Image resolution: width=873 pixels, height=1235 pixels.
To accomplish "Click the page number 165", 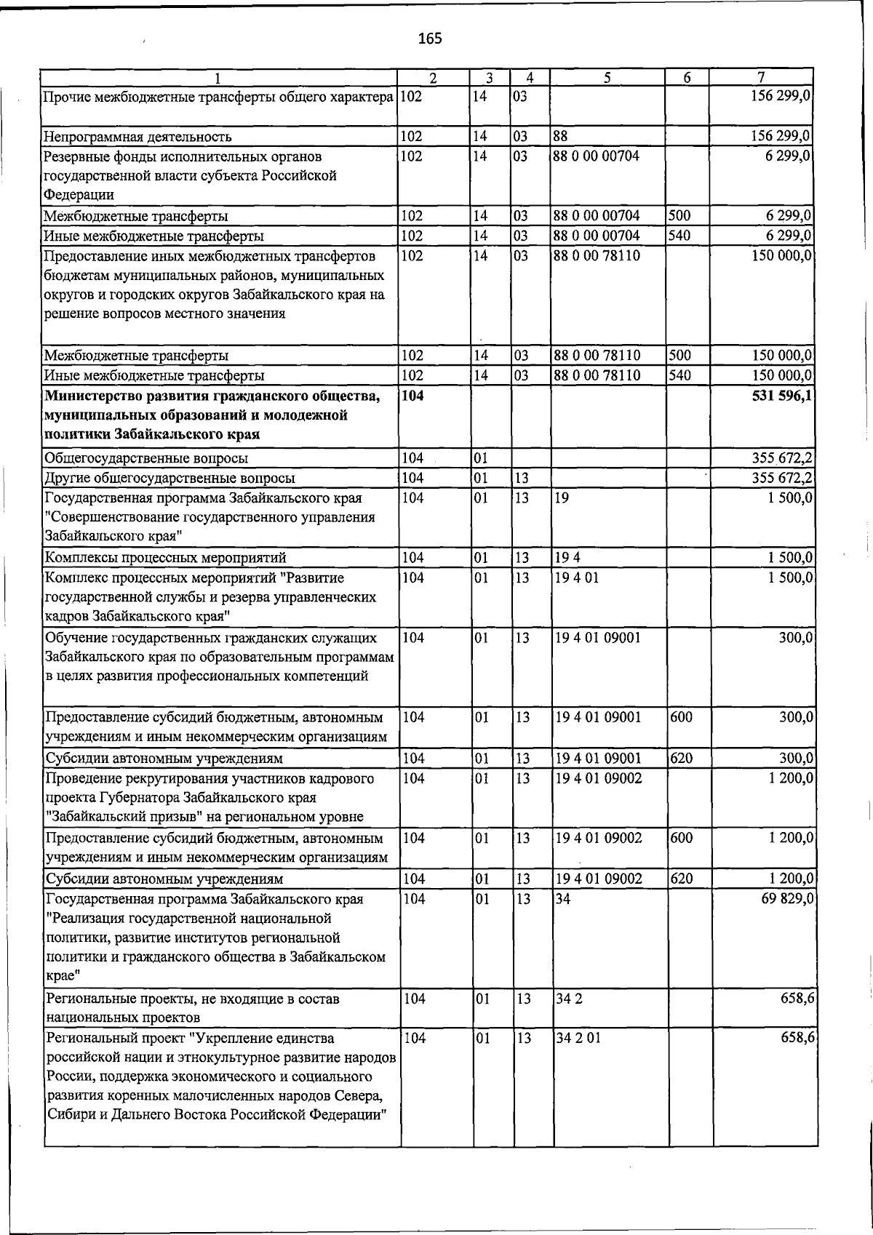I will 430,39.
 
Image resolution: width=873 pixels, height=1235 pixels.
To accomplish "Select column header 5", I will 606,77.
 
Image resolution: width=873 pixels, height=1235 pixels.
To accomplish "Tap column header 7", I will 760,77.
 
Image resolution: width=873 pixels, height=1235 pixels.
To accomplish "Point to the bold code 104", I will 412,396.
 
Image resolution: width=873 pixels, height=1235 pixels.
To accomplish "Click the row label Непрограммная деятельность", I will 137,136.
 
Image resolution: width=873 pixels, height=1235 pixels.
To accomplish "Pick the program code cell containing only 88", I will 561,136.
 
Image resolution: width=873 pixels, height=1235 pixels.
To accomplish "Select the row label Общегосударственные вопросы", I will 145,458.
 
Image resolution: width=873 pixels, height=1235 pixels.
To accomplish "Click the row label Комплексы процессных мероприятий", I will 165,558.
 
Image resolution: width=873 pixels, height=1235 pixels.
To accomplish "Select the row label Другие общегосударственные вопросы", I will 170,478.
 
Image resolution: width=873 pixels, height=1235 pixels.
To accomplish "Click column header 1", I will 218,77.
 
